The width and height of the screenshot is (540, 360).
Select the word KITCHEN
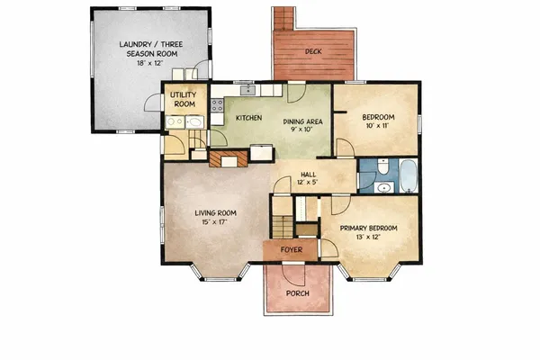tap(248, 118)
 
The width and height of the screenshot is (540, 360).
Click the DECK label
tap(314, 52)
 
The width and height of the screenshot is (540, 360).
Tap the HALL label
tap(307, 178)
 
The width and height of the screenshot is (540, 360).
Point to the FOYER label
tap(292, 248)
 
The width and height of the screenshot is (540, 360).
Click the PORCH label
tap(297, 294)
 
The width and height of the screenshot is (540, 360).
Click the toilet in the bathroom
tap(382, 166)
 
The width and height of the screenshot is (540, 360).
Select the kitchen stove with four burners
tap(217, 106)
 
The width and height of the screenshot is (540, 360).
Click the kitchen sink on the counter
tap(245, 90)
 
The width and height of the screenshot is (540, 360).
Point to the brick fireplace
tap(228, 160)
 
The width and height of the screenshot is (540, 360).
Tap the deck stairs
tap(284, 18)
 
